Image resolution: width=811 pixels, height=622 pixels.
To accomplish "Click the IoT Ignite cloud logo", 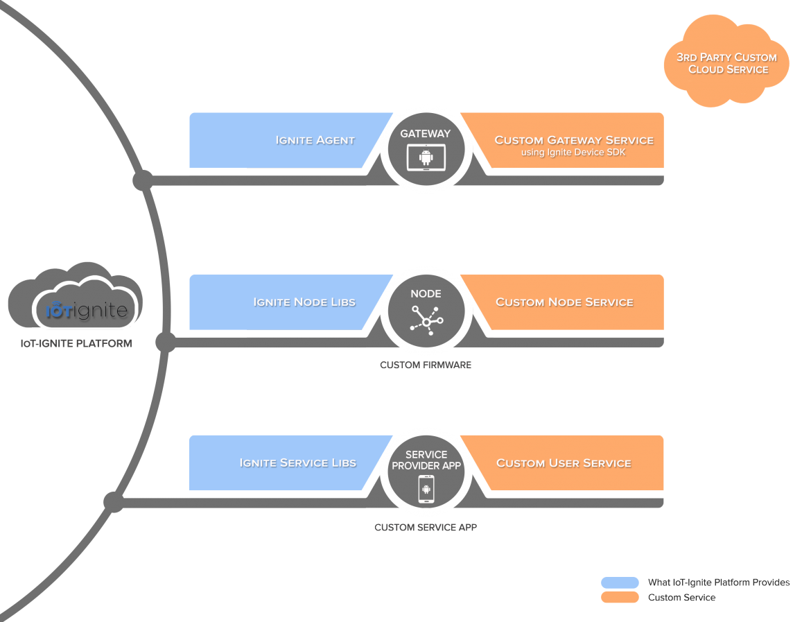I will pyautogui.click(x=85, y=302).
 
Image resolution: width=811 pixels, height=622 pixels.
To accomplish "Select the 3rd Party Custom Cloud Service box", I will pyautogui.click(x=726, y=62).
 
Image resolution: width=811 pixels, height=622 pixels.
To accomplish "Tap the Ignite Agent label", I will pyautogui.click(x=315, y=140).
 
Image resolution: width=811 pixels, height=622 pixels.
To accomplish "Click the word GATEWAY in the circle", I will pyautogui.click(x=426, y=134).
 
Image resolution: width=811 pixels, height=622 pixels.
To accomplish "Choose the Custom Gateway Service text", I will pyautogui.click(x=573, y=140).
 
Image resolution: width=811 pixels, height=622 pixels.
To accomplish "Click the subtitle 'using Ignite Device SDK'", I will pyautogui.click(x=573, y=153).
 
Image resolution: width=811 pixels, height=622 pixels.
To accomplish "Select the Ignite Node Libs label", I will pyautogui.click(x=304, y=302).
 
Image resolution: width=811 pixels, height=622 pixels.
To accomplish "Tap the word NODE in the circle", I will pyautogui.click(x=426, y=294).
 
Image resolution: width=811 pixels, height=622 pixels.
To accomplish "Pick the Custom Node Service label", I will pyautogui.click(x=564, y=302).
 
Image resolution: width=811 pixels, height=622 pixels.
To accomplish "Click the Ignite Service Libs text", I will pyautogui.click(x=297, y=463).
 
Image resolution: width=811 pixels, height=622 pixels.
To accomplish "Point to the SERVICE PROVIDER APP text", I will pyautogui.click(x=426, y=460).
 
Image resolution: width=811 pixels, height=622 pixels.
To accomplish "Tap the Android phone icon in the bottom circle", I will pyautogui.click(x=426, y=490).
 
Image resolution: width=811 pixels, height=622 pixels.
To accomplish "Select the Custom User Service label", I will pyautogui.click(x=564, y=463).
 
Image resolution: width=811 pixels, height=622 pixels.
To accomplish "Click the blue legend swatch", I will pyautogui.click(x=620, y=582).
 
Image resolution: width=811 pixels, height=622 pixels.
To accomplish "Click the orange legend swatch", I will pyautogui.click(x=620, y=597).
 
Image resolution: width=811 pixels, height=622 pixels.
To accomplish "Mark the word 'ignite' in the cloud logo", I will pyautogui.click(x=101, y=311).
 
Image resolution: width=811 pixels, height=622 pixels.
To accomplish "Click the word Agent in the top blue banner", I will pyautogui.click(x=335, y=140).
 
